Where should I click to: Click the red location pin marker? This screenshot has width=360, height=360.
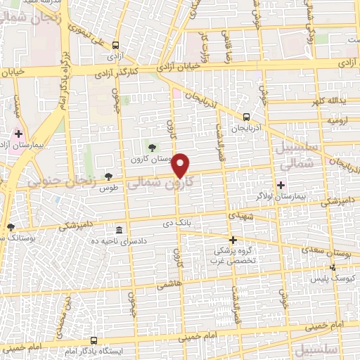pyautogui.click(x=181, y=165)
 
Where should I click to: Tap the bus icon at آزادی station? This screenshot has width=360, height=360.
pyautogui.click(x=115, y=45)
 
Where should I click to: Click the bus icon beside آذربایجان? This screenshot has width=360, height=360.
pyautogui.click(x=246, y=117)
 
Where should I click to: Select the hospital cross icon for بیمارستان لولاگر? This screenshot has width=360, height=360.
pyautogui.click(x=281, y=185)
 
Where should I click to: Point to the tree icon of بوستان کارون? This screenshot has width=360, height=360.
pyautogui.click(x=150, y=147)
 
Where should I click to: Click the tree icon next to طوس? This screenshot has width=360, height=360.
pyautogui.click(x=108, y=176)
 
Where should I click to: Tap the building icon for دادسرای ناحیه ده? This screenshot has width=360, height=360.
pyautogui.click(x=118, y=231)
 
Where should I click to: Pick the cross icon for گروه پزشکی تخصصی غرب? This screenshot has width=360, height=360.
pyautogui.click(x=233, y=240)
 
